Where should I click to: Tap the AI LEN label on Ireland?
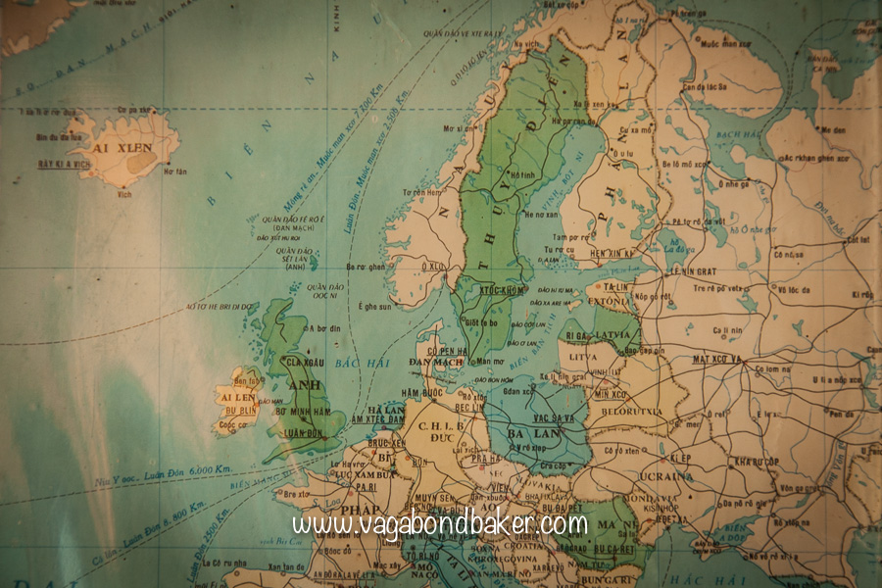tap(237, 398)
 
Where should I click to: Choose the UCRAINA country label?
tap(669, 477)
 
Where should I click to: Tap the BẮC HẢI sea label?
tap(349, 364)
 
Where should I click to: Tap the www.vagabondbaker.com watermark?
tap(440, 524)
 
